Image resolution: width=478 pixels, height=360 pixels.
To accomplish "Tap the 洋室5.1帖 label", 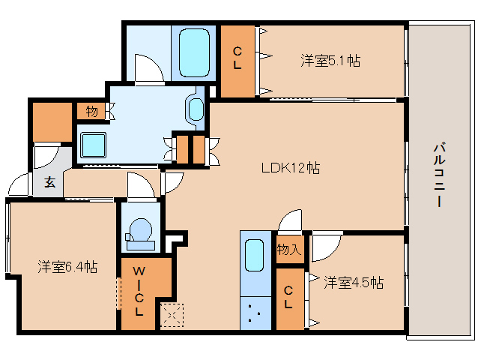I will tap(330, 60).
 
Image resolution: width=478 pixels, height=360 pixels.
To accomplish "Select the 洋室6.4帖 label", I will tap(67, 266).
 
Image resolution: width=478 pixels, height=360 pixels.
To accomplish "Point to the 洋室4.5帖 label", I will tap(354, 283).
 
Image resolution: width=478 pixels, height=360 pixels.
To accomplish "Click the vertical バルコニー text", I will tap(440, 175).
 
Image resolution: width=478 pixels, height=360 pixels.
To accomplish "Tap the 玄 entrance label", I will tap(49, 182).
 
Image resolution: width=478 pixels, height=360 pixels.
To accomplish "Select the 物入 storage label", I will tap(289, 250).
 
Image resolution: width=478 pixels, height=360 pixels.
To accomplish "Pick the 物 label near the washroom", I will tap(91, 112).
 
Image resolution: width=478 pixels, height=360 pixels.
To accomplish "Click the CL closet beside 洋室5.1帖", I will tap(238, 59).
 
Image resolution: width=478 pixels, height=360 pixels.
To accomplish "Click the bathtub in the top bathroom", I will tap(196, 52).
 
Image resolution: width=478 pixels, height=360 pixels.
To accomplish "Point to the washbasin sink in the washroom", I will tap(196, 109).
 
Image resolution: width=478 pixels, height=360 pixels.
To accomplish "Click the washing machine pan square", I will tap(94, 142).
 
